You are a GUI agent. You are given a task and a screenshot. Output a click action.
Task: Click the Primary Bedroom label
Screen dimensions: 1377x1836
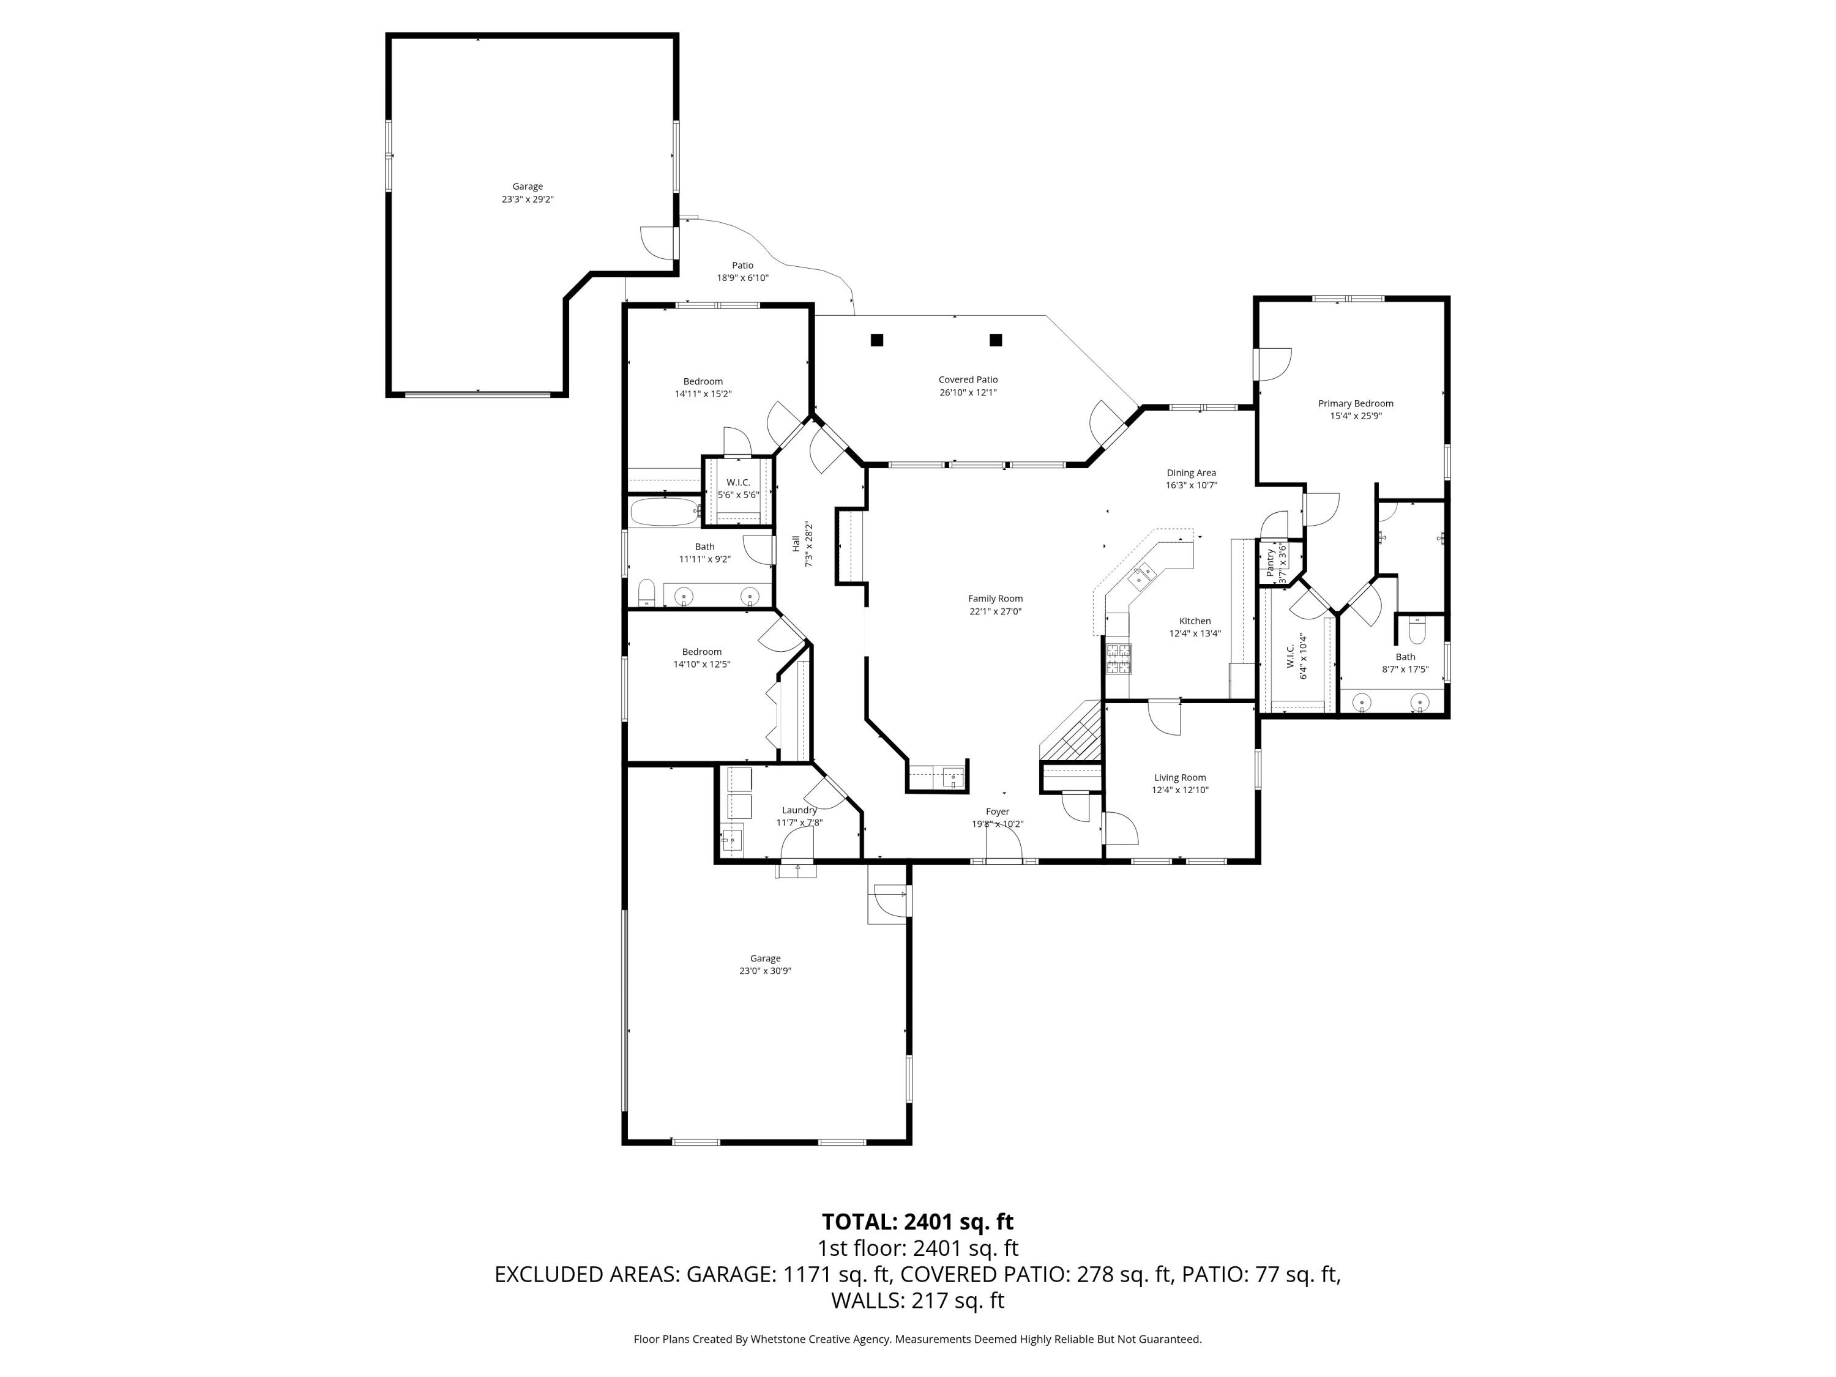pos(1356,403)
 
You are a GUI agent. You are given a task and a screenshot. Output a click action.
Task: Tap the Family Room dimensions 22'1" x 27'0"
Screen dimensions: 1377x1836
pos(995,611)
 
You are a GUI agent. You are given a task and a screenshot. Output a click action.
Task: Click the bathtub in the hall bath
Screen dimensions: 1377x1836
pos(664,511)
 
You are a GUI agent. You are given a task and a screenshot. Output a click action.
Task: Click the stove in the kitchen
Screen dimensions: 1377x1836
pos(1118,658)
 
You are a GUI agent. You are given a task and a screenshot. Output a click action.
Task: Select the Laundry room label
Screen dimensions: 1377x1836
pos(799,810)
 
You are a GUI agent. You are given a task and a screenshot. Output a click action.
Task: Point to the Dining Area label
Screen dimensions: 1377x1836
pos(1191,473)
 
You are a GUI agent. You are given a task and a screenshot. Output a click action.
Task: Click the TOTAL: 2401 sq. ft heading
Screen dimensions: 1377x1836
pos(917,1222)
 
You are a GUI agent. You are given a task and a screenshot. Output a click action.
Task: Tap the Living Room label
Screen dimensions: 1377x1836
pos(1179,778)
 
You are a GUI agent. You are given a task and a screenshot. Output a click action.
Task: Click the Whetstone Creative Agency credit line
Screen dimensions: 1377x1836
pos(917,1339)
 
